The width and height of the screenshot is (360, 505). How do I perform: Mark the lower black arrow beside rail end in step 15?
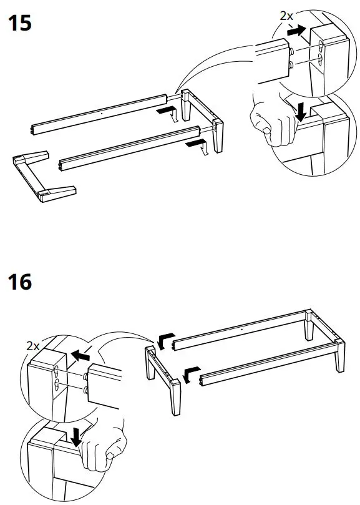[195, 144]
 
